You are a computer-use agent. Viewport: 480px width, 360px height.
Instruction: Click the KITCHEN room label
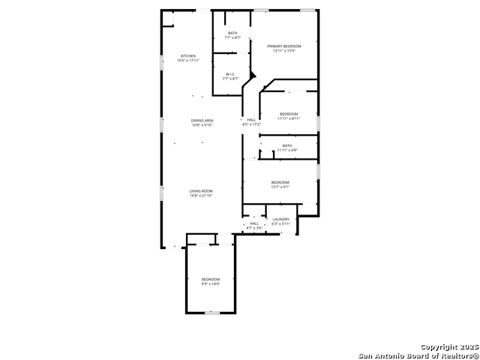pyautogui.click(x=188, y=56)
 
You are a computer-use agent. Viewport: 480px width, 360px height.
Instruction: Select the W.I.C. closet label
pyautogui.click(x=231, y=73)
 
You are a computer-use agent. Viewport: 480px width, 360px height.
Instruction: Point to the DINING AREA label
pyautogui.click(x=202, y=120)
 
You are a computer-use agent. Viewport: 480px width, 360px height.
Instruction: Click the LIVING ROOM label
pyautogui.click(x=201, y=191)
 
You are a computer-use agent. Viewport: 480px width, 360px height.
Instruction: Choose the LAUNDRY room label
pyautogui.click(x=280, y=219)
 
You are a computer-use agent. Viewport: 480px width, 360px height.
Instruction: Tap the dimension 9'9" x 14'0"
pyautogui.click(x=210, y=283)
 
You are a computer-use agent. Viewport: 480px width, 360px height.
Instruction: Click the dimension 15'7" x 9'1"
pyautogui.click(x=280, y=187)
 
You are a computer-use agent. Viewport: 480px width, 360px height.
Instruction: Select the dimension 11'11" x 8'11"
pyautogui.click(x=289, y=118)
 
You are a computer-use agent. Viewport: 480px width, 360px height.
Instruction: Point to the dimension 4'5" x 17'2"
pyautogui.click(x=251, y=124)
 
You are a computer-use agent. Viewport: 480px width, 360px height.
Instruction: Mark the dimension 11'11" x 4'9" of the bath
pyautogui.click(x=287, y=150)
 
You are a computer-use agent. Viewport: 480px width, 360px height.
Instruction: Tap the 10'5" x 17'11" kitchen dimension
pyautogui.click(x=188, y=61)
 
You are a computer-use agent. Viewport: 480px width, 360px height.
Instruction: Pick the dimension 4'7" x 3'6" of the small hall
pyautogui.click(x=254, y=227)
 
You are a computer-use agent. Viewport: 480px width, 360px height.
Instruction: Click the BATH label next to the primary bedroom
pyautogui.click(x=232, y=33)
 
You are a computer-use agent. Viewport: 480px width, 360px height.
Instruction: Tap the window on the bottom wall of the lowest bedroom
pyautogui.click(x=212, y=313)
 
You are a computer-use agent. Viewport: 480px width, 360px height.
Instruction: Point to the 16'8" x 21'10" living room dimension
pyautogui.click(x=201, y=196)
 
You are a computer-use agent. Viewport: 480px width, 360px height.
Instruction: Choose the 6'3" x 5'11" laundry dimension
pyautogui.click(x=280, y=223)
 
